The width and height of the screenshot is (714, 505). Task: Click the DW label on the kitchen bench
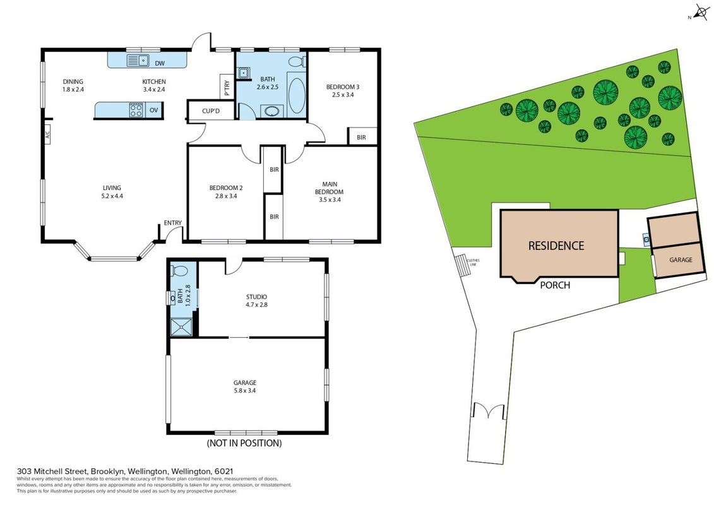160,63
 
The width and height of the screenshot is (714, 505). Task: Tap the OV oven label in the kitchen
155,110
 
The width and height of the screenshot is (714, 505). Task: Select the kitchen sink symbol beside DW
138,60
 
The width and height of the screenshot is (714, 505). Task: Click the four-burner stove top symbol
136,110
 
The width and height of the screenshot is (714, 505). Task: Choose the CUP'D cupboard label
211,111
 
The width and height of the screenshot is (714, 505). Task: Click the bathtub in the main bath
297,96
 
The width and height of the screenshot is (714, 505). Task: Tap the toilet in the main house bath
297,61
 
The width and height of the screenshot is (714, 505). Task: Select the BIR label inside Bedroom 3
361,137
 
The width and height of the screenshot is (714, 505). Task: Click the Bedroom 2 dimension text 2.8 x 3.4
226,196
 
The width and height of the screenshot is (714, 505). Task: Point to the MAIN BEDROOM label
330,188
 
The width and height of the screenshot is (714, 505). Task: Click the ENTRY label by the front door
172,223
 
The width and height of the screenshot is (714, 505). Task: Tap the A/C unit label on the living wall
47,135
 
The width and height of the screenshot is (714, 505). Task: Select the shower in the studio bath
181,327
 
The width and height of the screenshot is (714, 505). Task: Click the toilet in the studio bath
179,270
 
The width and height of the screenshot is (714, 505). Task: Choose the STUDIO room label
256,297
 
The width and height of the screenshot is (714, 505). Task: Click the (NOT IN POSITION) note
244,443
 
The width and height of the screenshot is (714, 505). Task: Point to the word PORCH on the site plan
555,285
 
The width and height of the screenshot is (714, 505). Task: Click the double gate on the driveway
489,411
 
